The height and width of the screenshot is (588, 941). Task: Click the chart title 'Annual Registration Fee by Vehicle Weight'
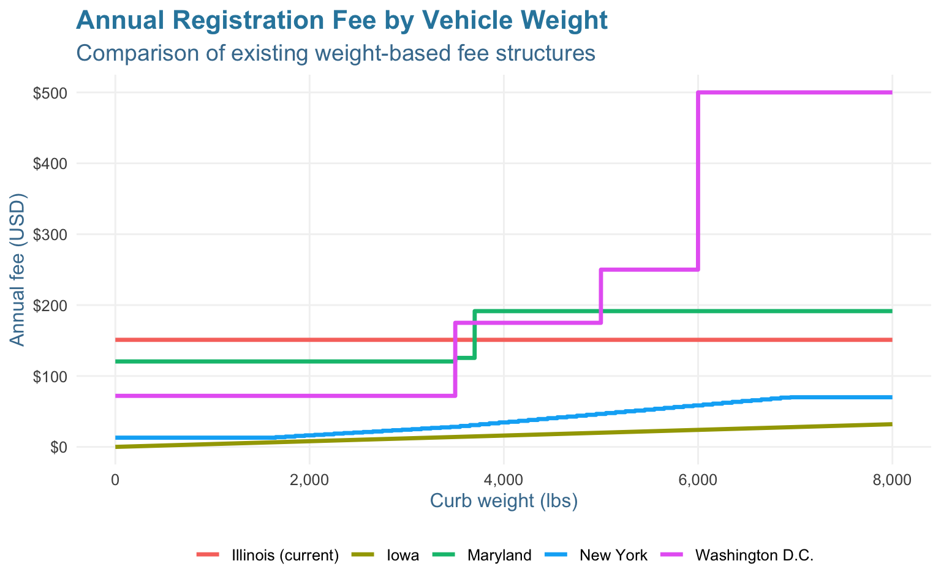point(341,21)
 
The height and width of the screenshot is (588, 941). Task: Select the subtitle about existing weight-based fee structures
point(335,53)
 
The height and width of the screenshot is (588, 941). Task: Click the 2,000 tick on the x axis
point(309,480)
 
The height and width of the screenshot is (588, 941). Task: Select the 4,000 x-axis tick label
point(504,480)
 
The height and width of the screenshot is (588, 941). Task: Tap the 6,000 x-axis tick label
point(698,480)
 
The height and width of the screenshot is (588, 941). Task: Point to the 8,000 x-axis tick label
point(891,480)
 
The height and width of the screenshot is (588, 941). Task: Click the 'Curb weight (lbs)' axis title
point(504,501)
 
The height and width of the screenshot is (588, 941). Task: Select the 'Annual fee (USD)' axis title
point(18,270)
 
